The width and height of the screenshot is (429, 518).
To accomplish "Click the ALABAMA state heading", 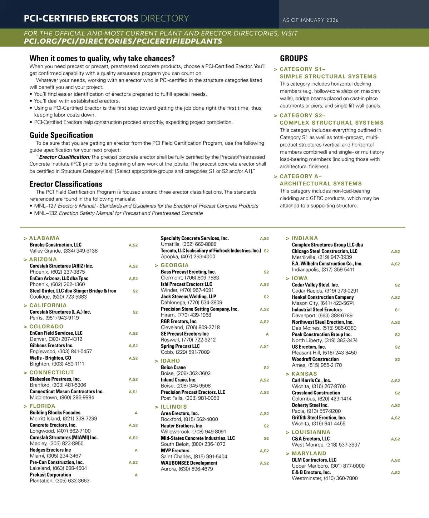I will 44,238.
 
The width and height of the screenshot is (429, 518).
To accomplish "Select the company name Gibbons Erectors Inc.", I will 51,345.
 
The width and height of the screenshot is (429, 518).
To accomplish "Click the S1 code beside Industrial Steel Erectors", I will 397,310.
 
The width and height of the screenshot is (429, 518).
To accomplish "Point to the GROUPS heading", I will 294,59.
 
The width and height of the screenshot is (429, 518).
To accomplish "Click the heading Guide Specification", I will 61,135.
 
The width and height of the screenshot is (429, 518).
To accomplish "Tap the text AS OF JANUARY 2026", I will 310,20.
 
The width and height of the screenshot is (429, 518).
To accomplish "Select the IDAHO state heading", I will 170,361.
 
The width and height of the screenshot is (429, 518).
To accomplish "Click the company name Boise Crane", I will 173,367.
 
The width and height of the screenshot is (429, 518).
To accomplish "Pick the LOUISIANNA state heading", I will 311,432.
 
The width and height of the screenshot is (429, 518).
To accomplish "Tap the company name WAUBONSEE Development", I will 189,463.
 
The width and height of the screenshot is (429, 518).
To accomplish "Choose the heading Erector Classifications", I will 66,184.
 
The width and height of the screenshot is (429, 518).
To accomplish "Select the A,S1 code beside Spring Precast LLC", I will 264,347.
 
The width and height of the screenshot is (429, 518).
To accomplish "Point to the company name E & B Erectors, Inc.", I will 311,472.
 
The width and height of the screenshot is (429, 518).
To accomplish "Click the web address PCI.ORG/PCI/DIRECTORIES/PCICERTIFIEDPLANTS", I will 123,41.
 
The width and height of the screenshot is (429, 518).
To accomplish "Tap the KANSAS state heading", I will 304,374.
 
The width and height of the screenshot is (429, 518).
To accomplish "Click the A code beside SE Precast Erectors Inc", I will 267,334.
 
